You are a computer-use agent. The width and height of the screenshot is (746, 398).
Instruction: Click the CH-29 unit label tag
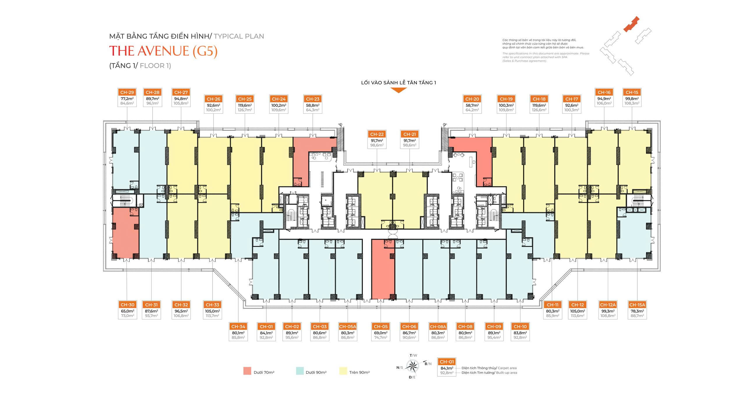pyautogui.click(x=127, y=92)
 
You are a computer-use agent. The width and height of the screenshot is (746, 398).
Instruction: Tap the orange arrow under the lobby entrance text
pyautogui.click(x=398, y=90)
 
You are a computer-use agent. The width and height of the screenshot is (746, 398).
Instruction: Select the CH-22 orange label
pyautogui.click(x=377, y=134)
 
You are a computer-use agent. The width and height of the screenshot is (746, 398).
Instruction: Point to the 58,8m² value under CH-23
pyautogui.click(x=313, y=105)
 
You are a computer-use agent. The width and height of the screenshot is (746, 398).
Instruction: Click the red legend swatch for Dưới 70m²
pyautogui.click(x=247, y=371)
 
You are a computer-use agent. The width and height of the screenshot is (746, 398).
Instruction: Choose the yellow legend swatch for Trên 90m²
pyautogui.click(x=343, y=371)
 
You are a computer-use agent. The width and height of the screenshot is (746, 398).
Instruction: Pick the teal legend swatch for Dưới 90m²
pyautogui.click(x=300, y=371)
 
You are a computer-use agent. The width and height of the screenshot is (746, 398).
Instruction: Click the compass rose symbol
pyautogui.click(x=412, y=366)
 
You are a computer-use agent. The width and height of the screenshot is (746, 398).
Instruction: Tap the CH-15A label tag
pyautogui.click(x=637, y=305)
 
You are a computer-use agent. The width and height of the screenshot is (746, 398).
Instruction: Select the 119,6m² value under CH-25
pyautogui.click(x=245, y=105)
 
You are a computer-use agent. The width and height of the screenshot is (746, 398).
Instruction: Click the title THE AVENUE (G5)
pyautogui.click(x=163, y=51)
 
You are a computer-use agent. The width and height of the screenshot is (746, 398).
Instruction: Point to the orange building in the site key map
pyautogui.click(x=631, y=24)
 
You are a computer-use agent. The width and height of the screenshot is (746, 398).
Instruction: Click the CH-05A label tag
pyautogui.click(x=348, y=327)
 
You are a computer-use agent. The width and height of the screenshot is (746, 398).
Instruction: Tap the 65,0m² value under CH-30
pyautogui.click(x=127, y=311)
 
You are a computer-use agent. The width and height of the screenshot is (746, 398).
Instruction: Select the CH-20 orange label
pyautogui.click(x=472, y=99)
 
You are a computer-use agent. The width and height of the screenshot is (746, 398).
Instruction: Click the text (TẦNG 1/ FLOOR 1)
pyautogui.click(x=140, y=66)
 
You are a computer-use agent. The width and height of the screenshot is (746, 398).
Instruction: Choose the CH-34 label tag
pyautogui.click(x=238, y=327)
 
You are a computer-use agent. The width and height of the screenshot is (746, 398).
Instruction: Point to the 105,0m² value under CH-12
pyautogui.click(x=578, y=311)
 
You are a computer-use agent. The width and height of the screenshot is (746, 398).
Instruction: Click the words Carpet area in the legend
pyautogui.click(x=507, y=368)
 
